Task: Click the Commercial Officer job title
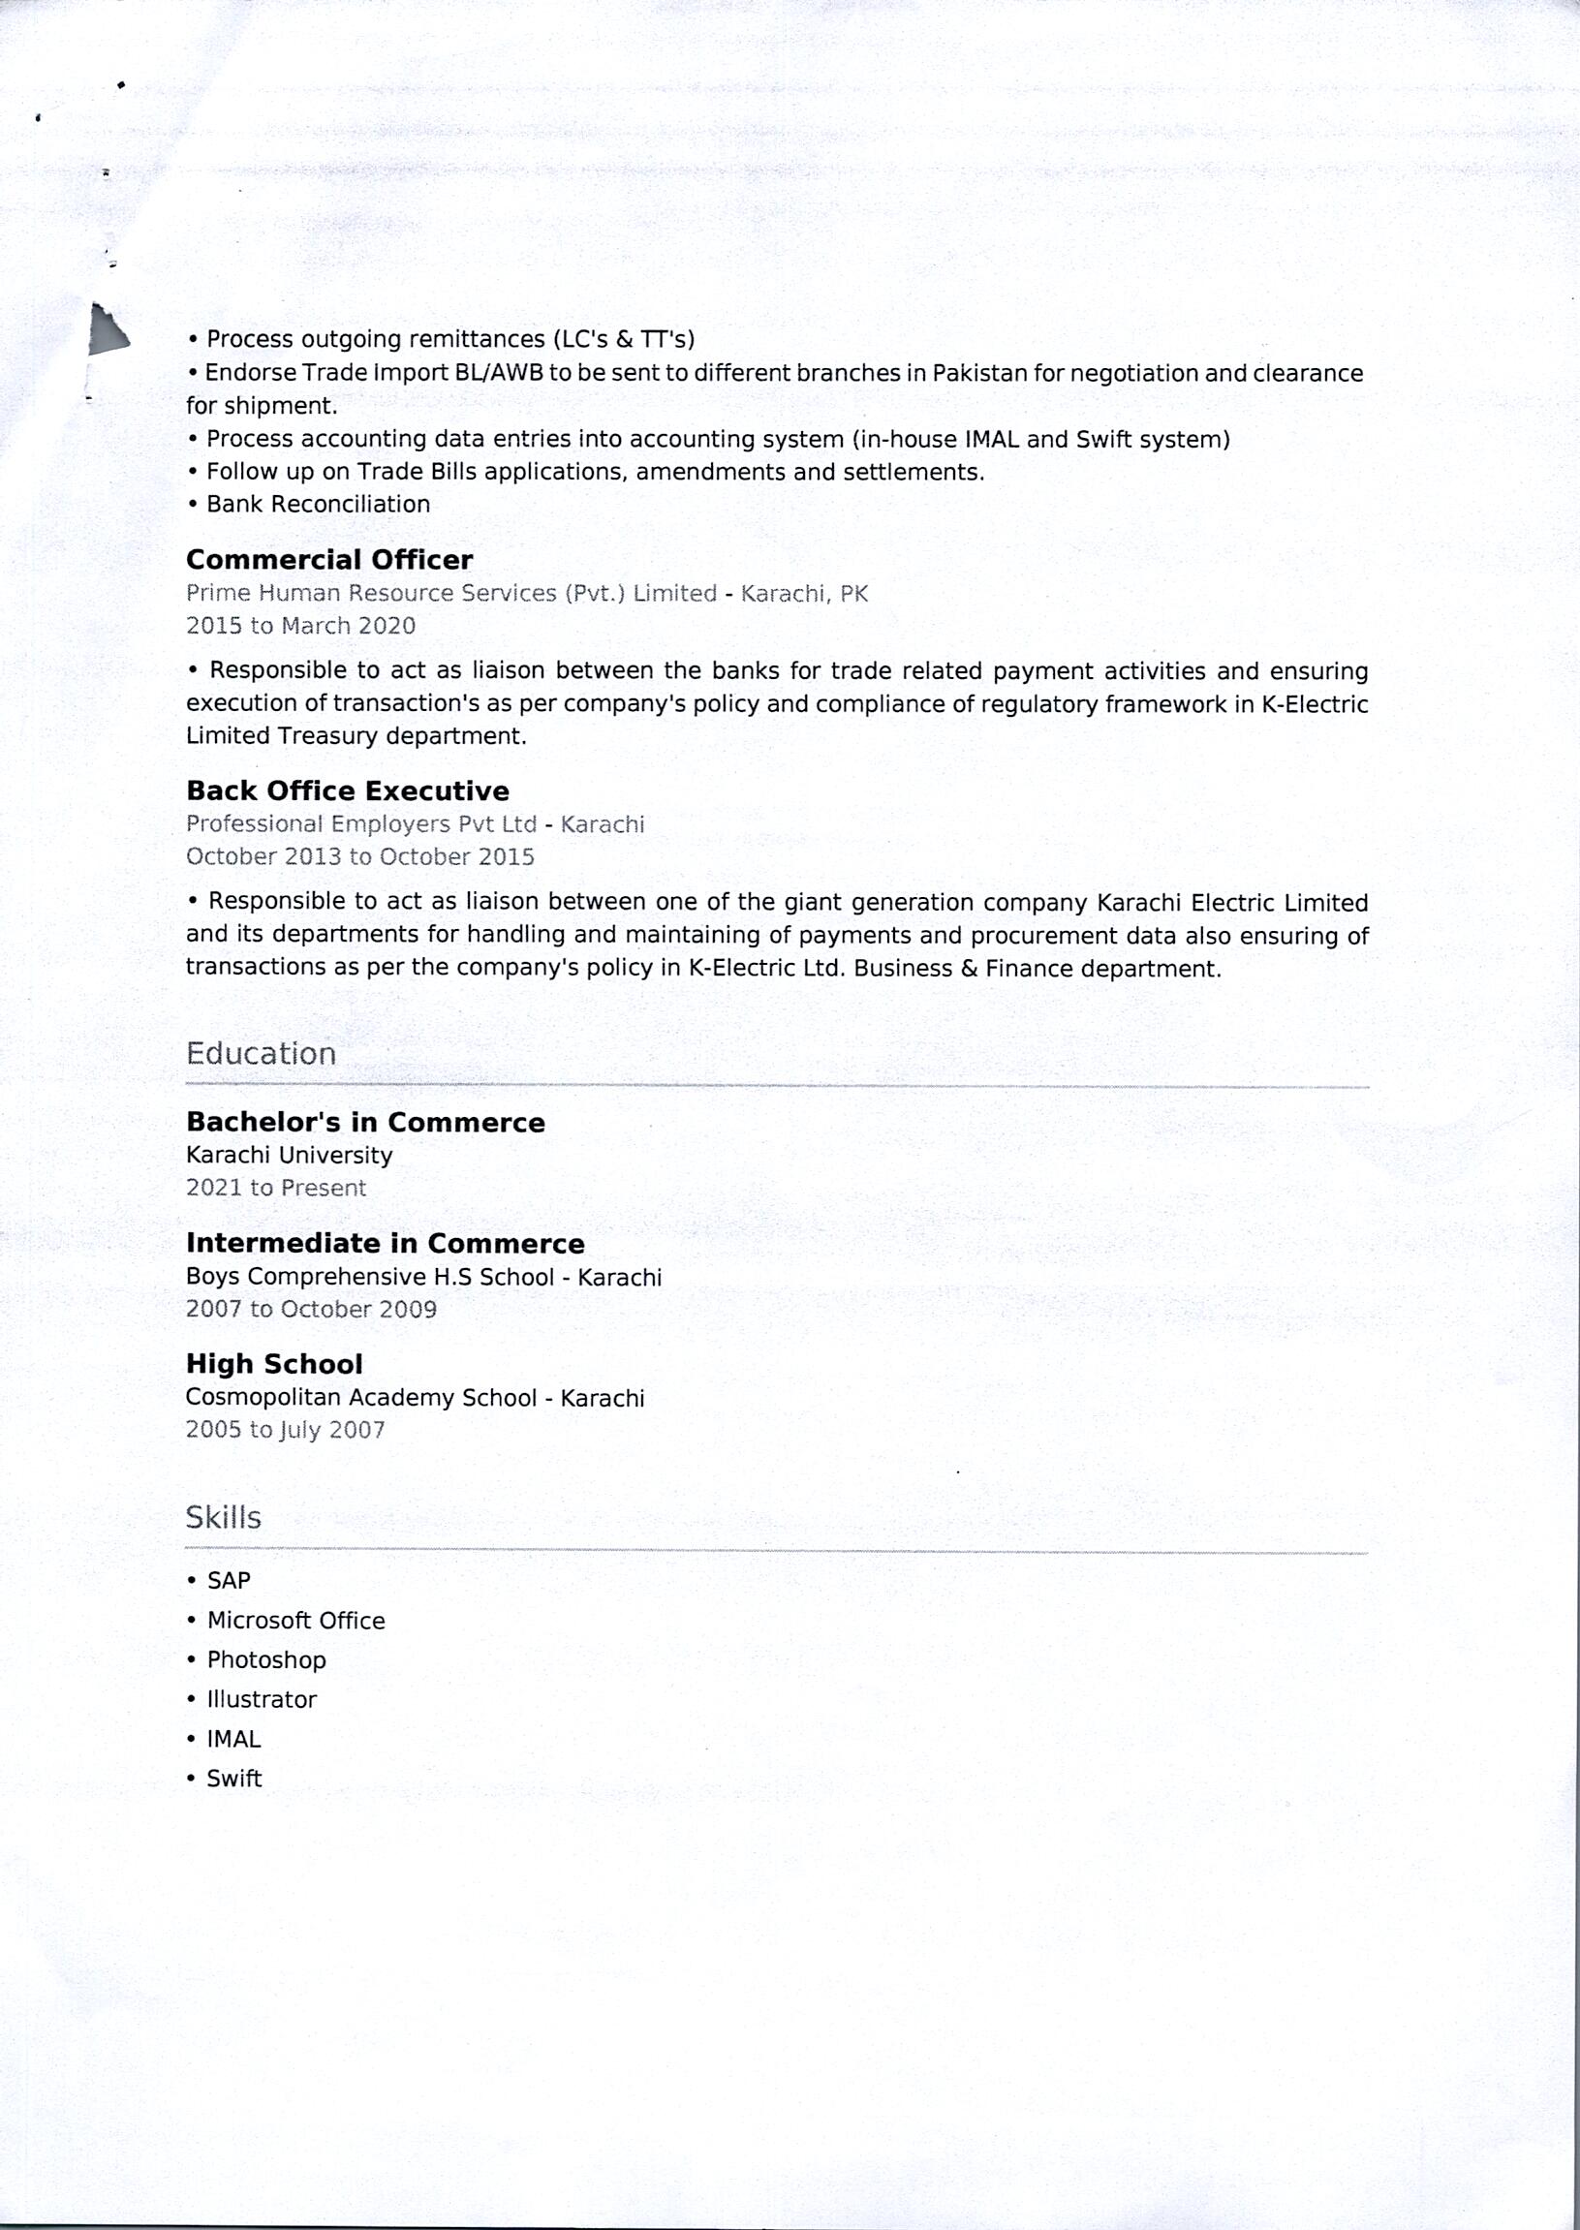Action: click(x=328, y=560)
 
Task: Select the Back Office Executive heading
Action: click(x=348, y=791)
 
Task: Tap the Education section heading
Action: click(x=261, y=1054)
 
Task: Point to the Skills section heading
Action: click(x=224, y=1517)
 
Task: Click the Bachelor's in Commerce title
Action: click(x=365, y=1122)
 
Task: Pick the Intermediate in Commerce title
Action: click(x=386, y=1244)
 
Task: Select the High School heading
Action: click(x=274, y=1364)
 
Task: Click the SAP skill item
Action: click(x=229, y=1580)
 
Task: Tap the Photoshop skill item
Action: click(x=265, y=1659)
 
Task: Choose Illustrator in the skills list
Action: click(x=262, y=1700)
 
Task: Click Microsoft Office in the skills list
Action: click(x=295, y=1620)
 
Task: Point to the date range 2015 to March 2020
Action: click(x=300, y=626)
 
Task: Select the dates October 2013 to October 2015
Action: click(x=360, y=856)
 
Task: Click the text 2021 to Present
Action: click(x=276, y=1188)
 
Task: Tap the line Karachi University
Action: click(x=289, y=1155)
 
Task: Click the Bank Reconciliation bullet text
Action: click(x=318, y=504)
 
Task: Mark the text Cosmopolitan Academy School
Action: click(x=361, y=1397)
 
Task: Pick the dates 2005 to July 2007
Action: click(x=285, y=1429)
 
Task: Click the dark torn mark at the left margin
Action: click(x=107, y=328)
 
